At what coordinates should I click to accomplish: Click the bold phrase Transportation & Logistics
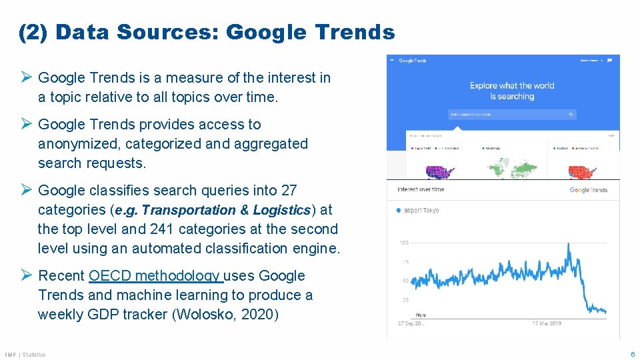226,210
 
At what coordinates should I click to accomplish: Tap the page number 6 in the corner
633,354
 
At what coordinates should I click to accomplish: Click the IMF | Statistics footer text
25,355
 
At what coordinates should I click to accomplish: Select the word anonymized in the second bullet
79,144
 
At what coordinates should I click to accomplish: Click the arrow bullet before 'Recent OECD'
27,275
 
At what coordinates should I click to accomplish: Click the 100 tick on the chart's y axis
404,243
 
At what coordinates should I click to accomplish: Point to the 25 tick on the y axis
405,299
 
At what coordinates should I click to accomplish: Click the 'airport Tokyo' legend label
422,211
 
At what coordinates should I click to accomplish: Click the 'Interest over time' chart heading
421,189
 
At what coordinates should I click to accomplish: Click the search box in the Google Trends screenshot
511,114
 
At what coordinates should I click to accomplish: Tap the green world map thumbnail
511,169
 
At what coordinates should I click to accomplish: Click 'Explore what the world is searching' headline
511,91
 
